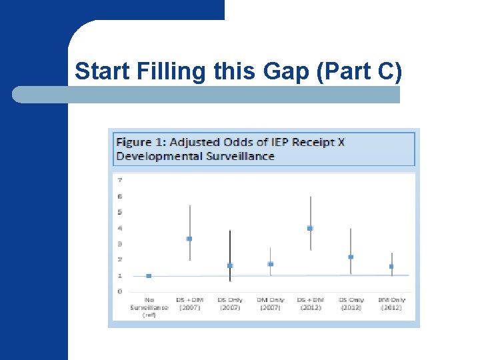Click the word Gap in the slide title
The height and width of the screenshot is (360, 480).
coord(274,71)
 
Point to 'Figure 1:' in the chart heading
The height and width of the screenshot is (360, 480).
coord(141,142)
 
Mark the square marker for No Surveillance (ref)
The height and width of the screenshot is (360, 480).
coord(149,276)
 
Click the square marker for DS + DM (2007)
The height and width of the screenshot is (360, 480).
coord(189,239)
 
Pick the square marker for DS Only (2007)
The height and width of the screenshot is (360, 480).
coord(230,265)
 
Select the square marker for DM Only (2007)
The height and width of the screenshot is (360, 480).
coord(270,264)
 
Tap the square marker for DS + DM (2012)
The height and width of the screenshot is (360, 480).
coord(310,228)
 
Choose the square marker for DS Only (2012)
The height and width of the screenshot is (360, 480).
coord(351,257)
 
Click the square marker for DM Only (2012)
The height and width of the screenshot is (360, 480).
coord(391,267)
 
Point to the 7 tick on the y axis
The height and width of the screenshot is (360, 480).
coord(119,180)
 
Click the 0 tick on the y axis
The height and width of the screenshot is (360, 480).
coord(119,291)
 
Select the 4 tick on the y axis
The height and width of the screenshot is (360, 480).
coord(119,228)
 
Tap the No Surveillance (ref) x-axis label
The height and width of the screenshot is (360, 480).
coord(149,307)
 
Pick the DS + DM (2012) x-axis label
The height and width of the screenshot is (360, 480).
coord(310,304)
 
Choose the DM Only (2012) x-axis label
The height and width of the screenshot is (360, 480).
coord(391,304)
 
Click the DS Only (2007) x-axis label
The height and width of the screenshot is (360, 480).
coord(230,304)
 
